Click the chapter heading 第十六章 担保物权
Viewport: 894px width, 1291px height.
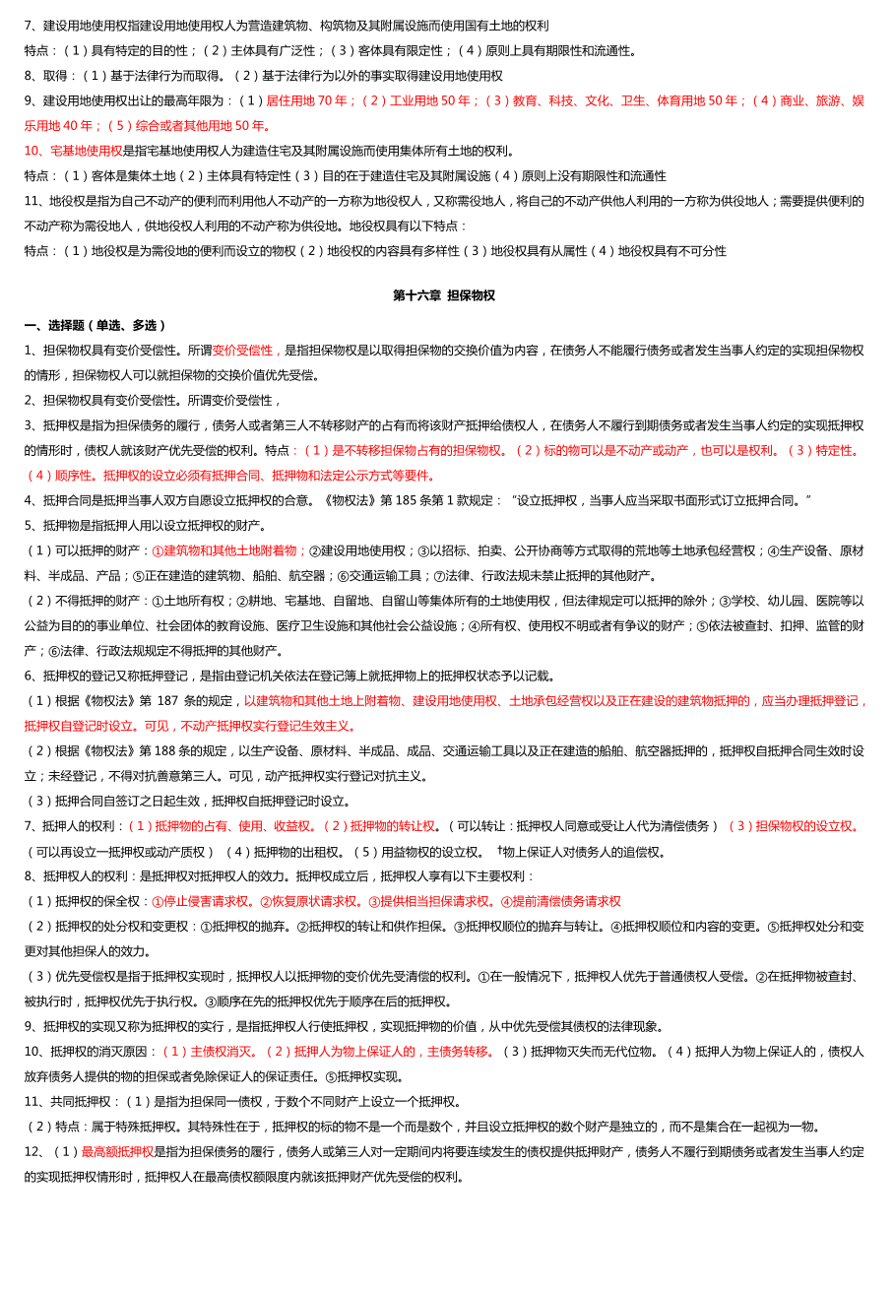click(x=444, y=295)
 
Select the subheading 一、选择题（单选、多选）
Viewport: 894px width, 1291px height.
click(x=96, y=325)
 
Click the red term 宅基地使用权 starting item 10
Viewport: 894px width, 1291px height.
click(x=73, y=151)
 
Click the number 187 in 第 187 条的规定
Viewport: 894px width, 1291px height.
click(x=168, y=701)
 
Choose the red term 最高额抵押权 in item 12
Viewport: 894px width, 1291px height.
click(x=117, y=1151)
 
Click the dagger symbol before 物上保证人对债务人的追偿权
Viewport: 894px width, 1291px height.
click(x=499, y=850)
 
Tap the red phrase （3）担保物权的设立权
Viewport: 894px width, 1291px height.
click(x=794, y=826)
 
